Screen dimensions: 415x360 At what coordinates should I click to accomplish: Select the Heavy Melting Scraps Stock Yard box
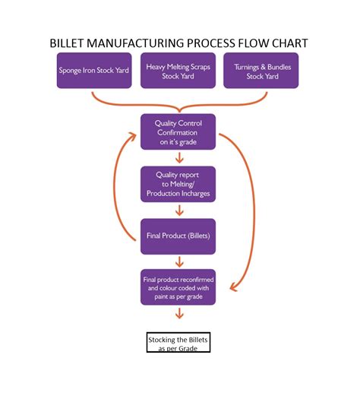point(178,71)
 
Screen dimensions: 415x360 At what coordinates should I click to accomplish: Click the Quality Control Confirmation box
point(178,131)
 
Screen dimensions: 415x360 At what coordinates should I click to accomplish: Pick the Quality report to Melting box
point(178,183)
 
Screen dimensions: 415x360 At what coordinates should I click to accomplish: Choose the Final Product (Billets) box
point(178,236)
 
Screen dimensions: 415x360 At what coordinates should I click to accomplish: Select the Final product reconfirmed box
point(178,287)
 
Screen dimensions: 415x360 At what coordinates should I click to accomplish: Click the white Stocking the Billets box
point(178,343)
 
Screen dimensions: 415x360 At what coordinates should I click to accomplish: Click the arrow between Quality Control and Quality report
point(178,158)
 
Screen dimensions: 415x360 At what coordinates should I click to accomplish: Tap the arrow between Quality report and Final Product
point(178,210)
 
